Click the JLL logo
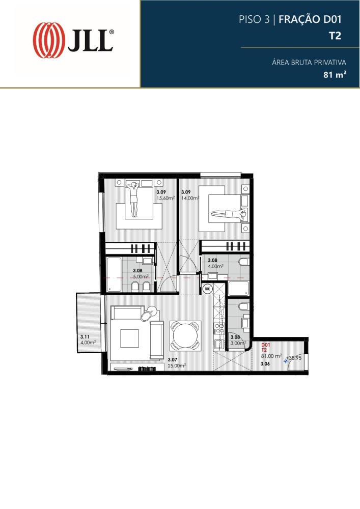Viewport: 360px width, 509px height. (73, 40)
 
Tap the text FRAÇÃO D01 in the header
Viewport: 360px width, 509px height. (310, 19)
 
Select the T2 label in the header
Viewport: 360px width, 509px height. (335, 36)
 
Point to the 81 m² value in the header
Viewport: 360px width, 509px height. (335, 75)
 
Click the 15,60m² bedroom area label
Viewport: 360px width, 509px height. (166, 198)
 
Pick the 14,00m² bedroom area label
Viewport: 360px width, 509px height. (190, 198)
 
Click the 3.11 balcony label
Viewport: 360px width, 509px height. (85, 337)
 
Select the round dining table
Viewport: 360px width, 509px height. (185, 335)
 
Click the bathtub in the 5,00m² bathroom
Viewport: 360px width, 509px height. (114, 274)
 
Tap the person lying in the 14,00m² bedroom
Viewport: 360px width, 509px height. (229, 214)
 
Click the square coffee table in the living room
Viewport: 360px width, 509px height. (129, 338)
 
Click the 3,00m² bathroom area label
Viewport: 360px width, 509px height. (238, 343)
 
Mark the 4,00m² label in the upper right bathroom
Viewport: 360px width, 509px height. (215, 266)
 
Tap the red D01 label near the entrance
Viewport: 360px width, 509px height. (265, 345)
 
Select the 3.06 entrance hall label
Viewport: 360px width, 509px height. (265, 364)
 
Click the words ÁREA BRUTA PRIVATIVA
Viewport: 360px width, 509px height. (309, 62)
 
